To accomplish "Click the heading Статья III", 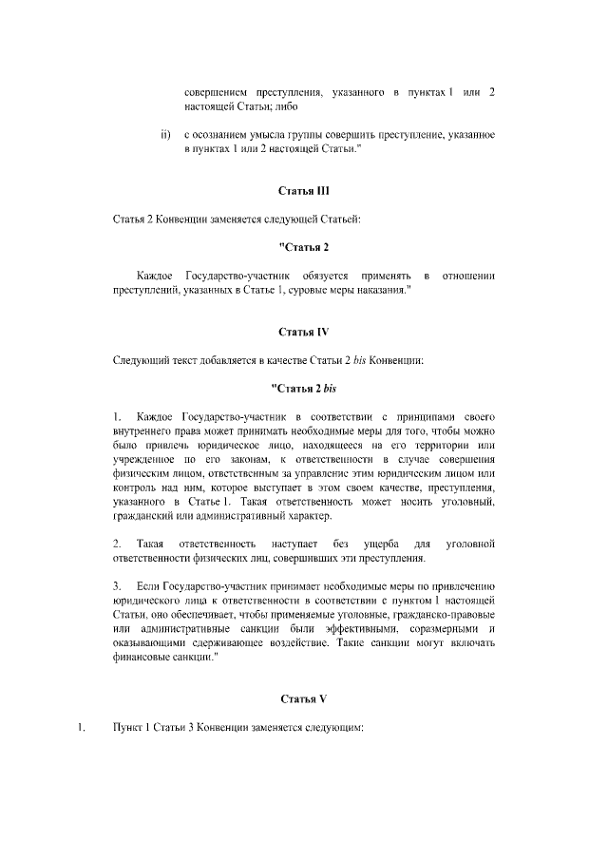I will [303, 190].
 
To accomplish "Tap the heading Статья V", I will [303, 698].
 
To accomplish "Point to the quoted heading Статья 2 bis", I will [303, 388].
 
